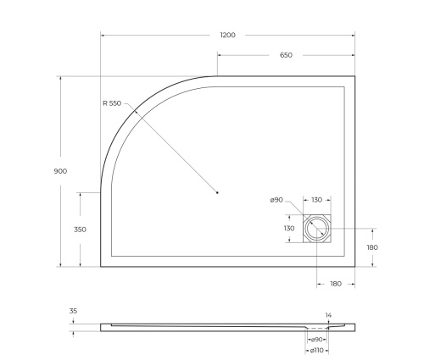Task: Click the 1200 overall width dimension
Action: (x=227, y=35)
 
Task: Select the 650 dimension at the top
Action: (x=286, y=55)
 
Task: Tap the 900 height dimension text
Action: (x=60, y=170)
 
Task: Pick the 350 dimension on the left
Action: (x=81, y=229)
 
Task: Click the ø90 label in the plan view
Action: (x=276, y=200)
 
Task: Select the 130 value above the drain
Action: (x=316, y=200)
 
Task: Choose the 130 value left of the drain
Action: (x=290, y=229)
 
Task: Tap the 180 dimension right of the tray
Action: (x=371, y=247)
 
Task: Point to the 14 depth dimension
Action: (x=329, y=315)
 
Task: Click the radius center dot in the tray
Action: (x=217, y=192)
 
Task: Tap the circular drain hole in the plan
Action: (x=317, y=227)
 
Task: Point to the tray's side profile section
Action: (x=212, y=326)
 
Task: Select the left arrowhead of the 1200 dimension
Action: (x=103, y=36)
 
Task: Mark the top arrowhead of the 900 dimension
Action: (x=60, y=79)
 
